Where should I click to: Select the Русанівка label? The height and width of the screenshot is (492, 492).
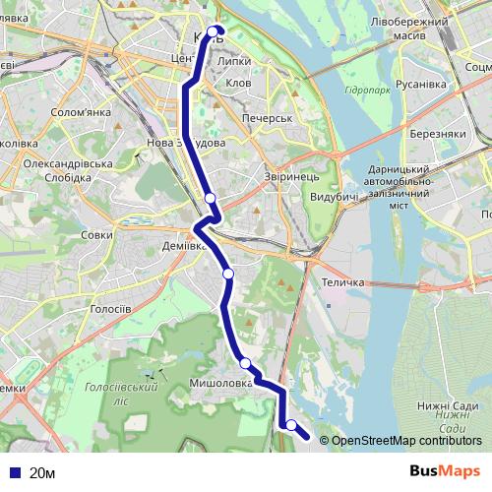(x=420, y=84)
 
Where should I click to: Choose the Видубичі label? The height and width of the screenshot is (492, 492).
(x=334, y=198)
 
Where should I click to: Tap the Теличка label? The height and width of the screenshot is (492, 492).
(x=343, y=282)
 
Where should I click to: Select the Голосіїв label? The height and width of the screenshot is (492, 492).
(x=110, y=308)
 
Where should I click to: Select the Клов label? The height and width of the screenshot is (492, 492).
(x=238, y=84)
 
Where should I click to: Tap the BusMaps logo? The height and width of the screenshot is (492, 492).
(x=445, y=472)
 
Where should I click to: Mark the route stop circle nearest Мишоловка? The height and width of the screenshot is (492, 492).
(x=245, y=364)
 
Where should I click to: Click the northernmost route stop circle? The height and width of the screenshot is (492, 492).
(x=214, y=31)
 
